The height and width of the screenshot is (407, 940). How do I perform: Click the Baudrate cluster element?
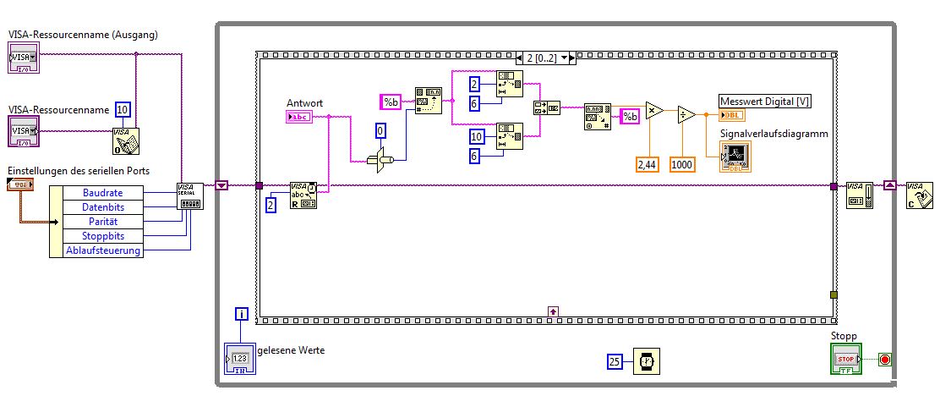tap(102, 193)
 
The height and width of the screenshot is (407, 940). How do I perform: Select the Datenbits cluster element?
tap(102, 207)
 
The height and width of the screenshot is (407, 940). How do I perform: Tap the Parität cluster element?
tap(102, 222)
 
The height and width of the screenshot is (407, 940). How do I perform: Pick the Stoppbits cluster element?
tap(102, 236)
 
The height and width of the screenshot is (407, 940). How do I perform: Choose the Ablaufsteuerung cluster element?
tap(102, 250)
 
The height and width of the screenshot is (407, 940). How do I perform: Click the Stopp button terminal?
tap(845, 359)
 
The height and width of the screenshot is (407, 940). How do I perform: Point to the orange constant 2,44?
tap(647, 164)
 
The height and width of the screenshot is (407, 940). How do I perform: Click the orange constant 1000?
tap(682, 164)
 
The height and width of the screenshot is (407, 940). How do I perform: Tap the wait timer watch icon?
tap(647, 361)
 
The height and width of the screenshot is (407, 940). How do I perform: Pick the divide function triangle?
tap(686, 114)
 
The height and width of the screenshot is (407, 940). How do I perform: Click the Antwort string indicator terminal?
tap(299, 117)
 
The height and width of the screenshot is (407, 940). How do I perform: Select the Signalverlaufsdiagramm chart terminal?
tap(734, 157)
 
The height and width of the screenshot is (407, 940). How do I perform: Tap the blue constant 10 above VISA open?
tap(123, 109)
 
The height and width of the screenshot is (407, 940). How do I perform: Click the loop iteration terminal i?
tap(243, 315)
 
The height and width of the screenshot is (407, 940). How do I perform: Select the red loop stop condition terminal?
tap(884, 359)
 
